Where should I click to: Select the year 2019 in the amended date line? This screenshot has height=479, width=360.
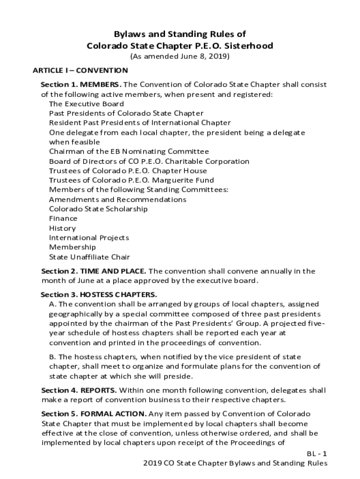pyautogui.click(x=219, y=57)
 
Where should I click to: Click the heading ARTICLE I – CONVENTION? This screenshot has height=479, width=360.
pyautogui.click(x=80, y=71)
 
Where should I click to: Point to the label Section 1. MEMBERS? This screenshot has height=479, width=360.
pyautogui.click(x=81, y=85)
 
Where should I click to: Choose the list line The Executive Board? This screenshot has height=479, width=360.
pyautogui.click(x=86, y=104)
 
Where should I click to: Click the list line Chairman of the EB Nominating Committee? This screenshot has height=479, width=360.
pyautogui.click(x=129, y=152)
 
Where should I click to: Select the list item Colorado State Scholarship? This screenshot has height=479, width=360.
pyautogui.click(x=98, y=209)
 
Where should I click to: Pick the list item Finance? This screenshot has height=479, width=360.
pyautogui.click(x=63, y=218)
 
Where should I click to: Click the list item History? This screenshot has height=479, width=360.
pyautogui.click(x=62, y=228)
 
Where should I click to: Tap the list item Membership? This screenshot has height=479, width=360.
pyautogui.click(x=72, y=247)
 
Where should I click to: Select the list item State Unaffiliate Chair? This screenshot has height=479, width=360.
pyautogui.click(x=89, y=257)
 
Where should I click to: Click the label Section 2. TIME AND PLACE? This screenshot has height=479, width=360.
pyautogui.click(x=94, y=271)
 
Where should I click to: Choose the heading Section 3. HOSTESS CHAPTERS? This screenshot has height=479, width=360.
pyautogui.click(x=99, y=295)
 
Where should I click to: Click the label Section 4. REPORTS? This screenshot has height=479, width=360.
pyautogui.click(x=79, y=390)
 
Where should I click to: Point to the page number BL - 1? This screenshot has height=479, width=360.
pyautogui.click(x=317, y=454)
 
